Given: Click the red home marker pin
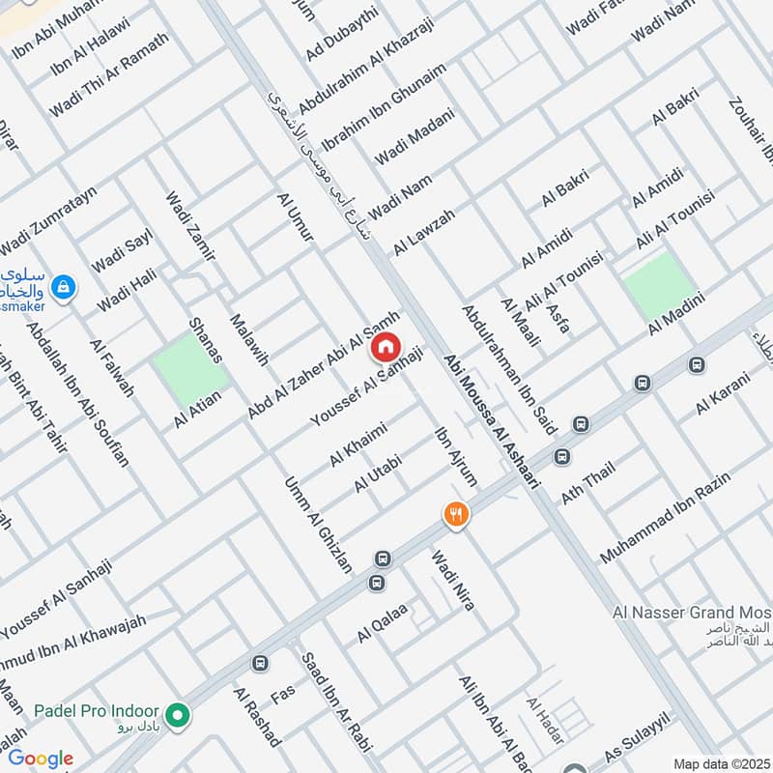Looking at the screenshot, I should [386, 345].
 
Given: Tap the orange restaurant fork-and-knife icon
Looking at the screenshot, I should [456, 514].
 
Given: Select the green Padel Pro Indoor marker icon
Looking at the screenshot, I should [176, 716].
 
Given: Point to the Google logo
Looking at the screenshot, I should [41, 759].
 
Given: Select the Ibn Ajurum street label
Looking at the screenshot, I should [457, 456].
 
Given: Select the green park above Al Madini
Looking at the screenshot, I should [659, 282].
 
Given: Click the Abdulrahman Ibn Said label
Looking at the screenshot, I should [504, 355].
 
